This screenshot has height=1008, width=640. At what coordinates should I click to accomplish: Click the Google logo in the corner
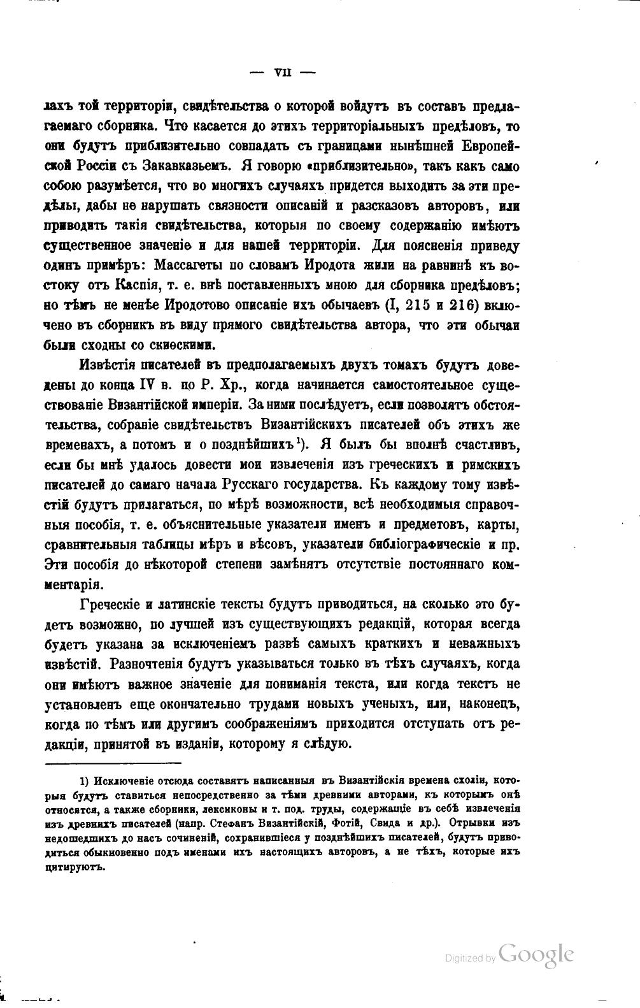click(x=537, y=954)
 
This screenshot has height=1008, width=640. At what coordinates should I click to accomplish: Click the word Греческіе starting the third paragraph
click(x=115, y=603)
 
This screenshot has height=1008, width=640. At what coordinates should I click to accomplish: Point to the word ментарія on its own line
click(x=72, y=584)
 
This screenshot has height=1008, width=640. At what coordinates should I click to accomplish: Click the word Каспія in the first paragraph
click(x=135, y=285)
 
